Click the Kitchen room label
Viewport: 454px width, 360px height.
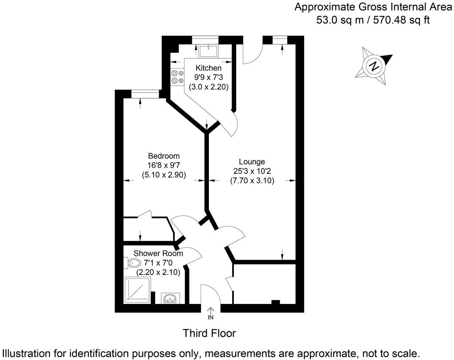pos(209,68)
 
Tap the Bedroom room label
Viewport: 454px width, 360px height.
pos(164,156)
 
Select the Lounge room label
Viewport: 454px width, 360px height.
pos(252,162)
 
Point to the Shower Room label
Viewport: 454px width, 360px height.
pos(158,253)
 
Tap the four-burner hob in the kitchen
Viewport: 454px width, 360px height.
pos(178,77)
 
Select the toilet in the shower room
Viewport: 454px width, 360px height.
pos(133,263)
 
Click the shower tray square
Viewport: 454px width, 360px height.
pos(138,290)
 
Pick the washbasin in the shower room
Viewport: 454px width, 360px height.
pos(171,298)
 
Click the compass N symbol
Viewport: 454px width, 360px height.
pos(374,66)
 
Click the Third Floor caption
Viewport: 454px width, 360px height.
pos(209,333)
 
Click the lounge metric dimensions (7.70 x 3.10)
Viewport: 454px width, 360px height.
pos(252,181)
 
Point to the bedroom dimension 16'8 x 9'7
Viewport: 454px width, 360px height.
pos(164,165)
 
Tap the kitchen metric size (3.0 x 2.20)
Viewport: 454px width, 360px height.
pos(209,86)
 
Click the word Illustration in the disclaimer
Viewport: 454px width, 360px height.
pos(27,353)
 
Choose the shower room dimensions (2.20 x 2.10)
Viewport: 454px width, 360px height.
pos(159,272)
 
